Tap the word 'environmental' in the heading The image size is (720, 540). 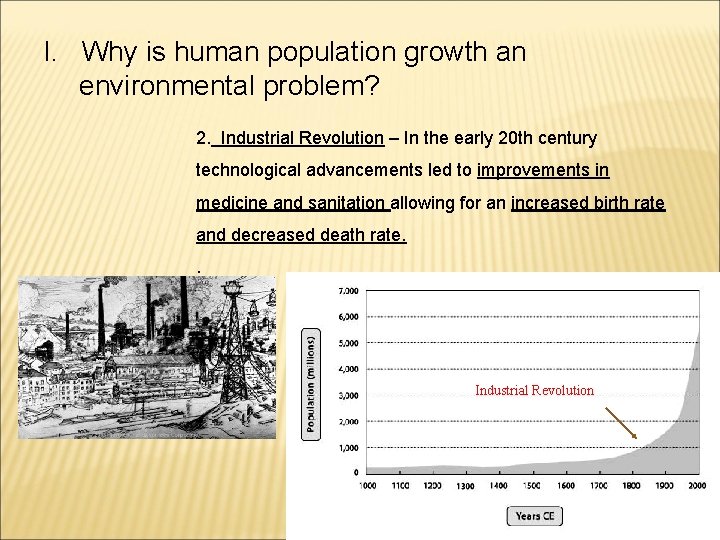click(x=168, y=87)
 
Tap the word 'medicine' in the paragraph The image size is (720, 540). click(x=232, y=203)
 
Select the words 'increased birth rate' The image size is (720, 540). click(x=588, y=203)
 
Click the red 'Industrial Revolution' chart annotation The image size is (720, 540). click(x=534, y=390)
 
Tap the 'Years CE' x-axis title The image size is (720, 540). click(x=535, y=516)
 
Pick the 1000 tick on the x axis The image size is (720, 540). click(x=368, y=485)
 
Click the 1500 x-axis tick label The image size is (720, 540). click(x=532, y=485)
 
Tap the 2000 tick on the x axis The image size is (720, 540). click(x=697, y=485)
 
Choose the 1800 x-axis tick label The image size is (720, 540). click(x=631, y=485)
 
